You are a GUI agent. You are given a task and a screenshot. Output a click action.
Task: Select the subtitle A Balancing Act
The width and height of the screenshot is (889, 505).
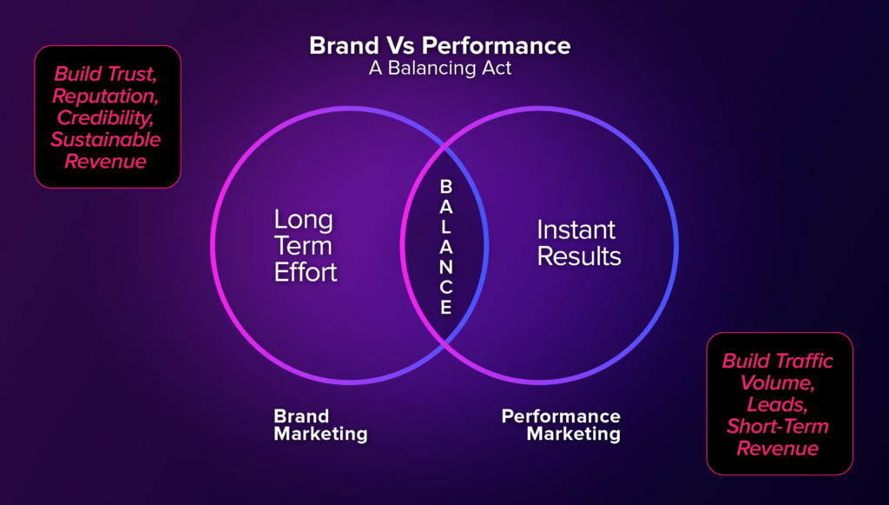click(440, 68)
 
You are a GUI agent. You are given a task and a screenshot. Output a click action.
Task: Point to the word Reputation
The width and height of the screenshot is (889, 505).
click(105, 96)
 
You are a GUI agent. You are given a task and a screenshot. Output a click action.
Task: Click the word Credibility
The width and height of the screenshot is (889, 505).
click(105, 118)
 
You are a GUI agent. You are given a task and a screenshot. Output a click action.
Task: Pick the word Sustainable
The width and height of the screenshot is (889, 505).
click(105, 140)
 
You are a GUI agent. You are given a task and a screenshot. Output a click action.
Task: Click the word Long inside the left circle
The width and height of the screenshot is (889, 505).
click(303, 220)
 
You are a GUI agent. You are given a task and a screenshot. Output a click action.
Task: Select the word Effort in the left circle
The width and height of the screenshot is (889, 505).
click(306, 272)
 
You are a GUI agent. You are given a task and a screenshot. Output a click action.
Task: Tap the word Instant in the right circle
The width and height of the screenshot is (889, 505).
click(576, 229)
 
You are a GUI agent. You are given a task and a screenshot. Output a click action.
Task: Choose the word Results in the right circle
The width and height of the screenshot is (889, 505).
click(579, 256)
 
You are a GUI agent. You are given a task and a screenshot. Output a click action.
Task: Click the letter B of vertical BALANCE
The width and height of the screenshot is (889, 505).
click(446, 186)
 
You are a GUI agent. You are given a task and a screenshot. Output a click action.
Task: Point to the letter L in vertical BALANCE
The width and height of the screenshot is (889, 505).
click(446, 227)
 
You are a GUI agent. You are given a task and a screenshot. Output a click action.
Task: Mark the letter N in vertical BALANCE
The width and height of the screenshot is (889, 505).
click(446, 267)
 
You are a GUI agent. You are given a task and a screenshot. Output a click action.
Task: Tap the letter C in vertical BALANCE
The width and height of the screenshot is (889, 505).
click(446, 287)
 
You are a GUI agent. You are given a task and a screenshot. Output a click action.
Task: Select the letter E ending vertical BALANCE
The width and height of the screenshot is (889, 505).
click(446, 307)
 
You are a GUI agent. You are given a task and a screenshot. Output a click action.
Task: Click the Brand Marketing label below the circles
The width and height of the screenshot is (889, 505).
click(320, 425)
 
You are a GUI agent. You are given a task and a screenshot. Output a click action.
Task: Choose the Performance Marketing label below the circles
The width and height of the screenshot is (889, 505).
click(561, 425)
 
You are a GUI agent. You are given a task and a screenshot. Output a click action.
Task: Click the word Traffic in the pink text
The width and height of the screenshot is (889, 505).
click(804, 361)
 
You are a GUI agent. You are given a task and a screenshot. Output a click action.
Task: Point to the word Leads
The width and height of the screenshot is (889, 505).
click(777, 404)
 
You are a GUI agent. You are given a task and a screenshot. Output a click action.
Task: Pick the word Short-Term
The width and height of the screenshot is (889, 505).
click(777, 426)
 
